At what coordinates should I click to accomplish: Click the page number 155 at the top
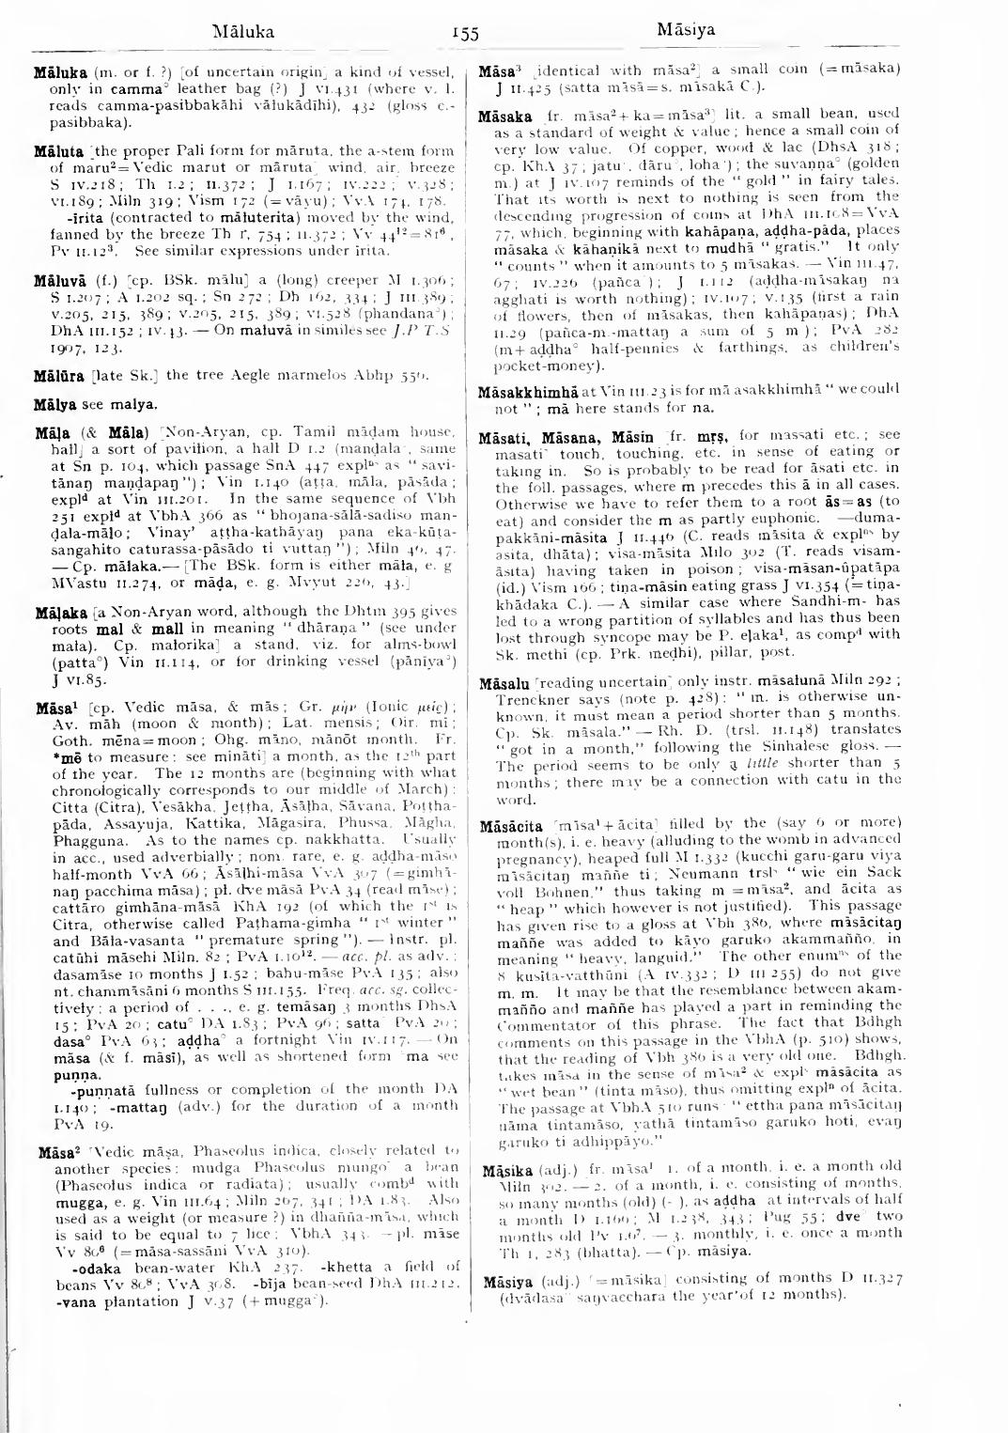pyautogui.click(x=465, y=34)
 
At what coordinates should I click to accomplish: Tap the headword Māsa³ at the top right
pyautogui.click(x=495, y=70)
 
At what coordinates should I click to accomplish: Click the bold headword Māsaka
pyautogui.click(x=505, y=117)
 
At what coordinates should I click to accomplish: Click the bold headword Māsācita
pyautogui.click(x=512, y=824)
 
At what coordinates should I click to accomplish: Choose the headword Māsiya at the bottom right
pyautogui.click(x=506, y=1283)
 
